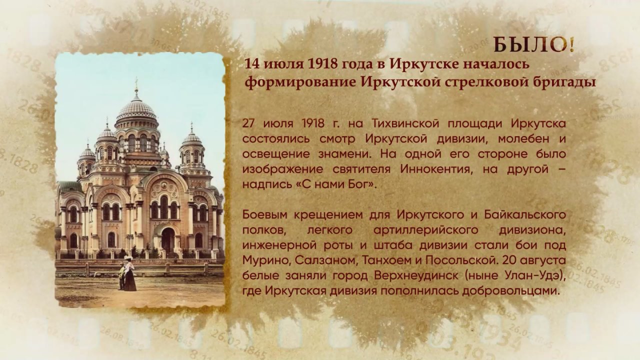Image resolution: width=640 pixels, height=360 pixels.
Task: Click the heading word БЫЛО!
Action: (534, 45)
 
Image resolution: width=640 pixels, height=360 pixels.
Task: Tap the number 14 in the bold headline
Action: (251, 64)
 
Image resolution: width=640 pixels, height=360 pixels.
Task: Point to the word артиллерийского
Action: (425, 230)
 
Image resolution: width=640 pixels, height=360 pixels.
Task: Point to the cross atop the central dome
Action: (136, 83)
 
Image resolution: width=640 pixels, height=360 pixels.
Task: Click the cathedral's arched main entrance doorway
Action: (168, 239)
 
